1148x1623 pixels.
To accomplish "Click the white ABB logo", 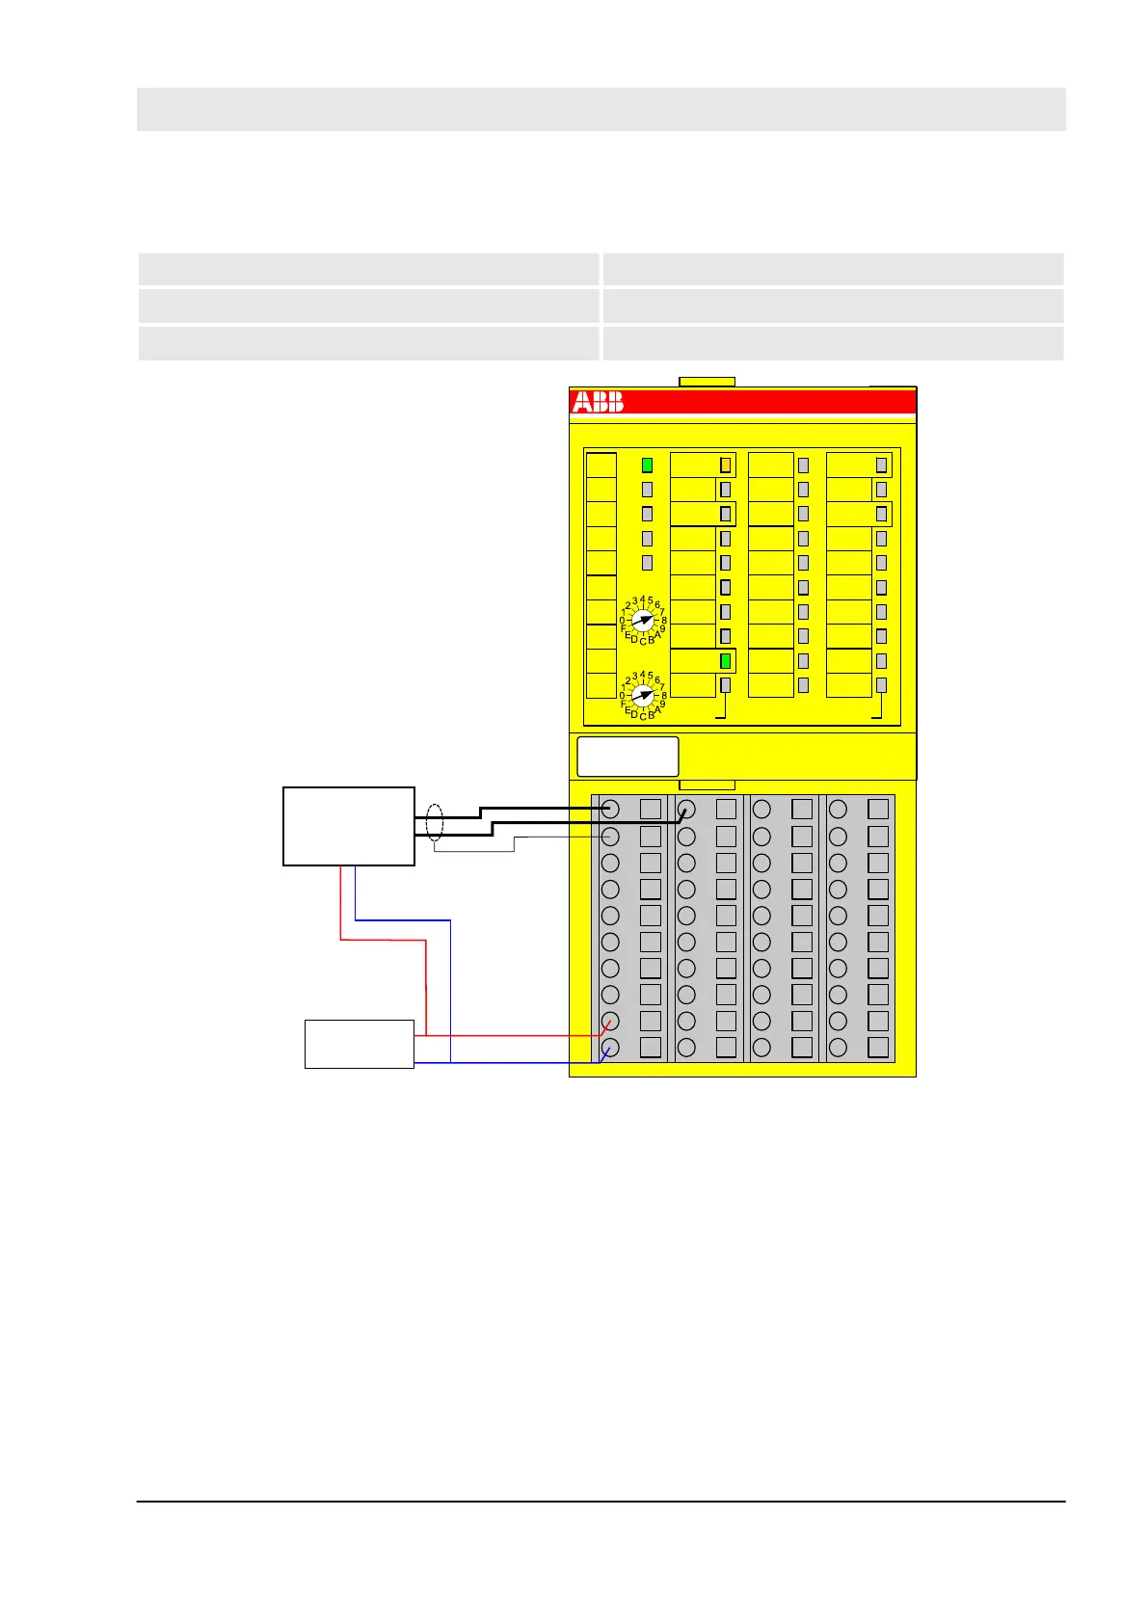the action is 598,402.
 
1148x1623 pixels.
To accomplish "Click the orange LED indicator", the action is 725,465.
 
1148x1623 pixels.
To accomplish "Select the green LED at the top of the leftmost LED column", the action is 647,465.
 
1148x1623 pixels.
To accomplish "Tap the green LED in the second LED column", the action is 725,661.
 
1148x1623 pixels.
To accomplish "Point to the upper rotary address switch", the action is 643,621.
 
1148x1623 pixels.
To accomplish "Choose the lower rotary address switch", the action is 643,694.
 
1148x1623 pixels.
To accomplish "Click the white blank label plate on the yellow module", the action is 627,757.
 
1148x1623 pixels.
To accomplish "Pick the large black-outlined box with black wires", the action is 348,826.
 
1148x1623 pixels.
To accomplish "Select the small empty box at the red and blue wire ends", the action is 359,1044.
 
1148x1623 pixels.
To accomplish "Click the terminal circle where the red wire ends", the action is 609,1021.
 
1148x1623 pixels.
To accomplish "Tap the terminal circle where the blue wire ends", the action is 609,1048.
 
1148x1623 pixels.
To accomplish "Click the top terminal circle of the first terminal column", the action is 609,810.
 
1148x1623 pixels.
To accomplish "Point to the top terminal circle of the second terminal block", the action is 686,810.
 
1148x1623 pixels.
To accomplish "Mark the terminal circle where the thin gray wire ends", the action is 609,837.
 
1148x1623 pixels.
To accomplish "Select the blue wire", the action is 451,993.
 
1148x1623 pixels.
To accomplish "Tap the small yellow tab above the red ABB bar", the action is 707,382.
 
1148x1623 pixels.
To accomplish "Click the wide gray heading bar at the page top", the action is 601,109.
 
